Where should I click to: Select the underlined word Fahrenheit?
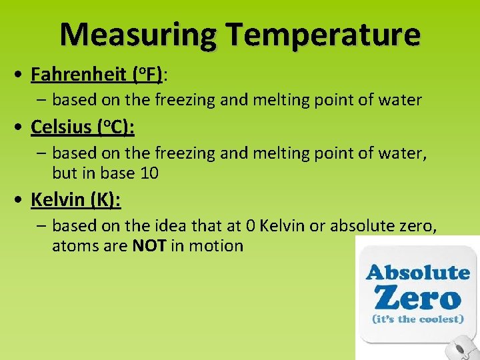(x=79, y=74)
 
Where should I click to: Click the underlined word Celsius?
(x=61, y=125)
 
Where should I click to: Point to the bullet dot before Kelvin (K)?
(x=21, y=200)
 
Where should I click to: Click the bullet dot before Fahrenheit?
(x=21, y=75)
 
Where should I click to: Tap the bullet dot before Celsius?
(x=21, y=126)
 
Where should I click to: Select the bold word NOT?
(x=149, y=245)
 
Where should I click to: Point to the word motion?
(x=216, y=245)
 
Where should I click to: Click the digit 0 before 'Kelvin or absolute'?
(x=251, y=225)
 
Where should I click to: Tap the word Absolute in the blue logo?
(x=418, y=272)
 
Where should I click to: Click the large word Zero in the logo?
(x=417, y=297)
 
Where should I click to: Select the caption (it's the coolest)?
(x=417, y=319)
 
